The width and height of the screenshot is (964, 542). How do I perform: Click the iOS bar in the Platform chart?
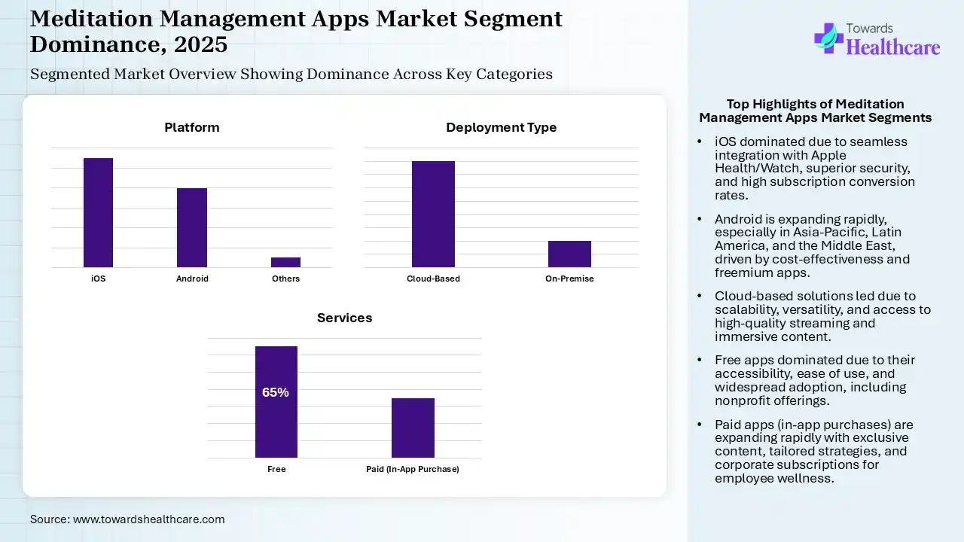point(98,212)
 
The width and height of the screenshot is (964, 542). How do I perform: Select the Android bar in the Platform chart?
point(192,227)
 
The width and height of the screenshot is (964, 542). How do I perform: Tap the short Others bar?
point(285,262)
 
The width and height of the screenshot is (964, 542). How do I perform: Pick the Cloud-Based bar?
point(433,214)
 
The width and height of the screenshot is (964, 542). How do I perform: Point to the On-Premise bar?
point(569,254)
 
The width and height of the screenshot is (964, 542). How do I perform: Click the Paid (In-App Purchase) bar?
point(413,428)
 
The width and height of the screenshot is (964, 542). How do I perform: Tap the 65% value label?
point(276,392)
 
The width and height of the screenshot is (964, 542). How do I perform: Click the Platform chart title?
point(192,127)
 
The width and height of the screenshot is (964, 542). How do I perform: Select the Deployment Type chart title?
point(501,127)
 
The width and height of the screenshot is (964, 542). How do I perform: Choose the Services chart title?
point(344,318)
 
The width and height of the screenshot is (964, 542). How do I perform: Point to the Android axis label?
point(192,279)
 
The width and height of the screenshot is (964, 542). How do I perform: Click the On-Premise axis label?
point(569,279)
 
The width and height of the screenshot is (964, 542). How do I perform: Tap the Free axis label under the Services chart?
point(276,469)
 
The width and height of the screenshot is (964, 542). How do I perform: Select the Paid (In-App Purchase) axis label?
point(413,469)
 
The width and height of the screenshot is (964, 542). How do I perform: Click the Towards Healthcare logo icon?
point(828,38)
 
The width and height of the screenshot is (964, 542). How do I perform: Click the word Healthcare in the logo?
point(893,47)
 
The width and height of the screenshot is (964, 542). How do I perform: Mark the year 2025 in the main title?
point(200,44)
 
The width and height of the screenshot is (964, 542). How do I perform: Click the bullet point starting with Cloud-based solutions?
point(822,316)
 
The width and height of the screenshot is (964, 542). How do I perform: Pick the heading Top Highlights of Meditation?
point(815,104)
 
